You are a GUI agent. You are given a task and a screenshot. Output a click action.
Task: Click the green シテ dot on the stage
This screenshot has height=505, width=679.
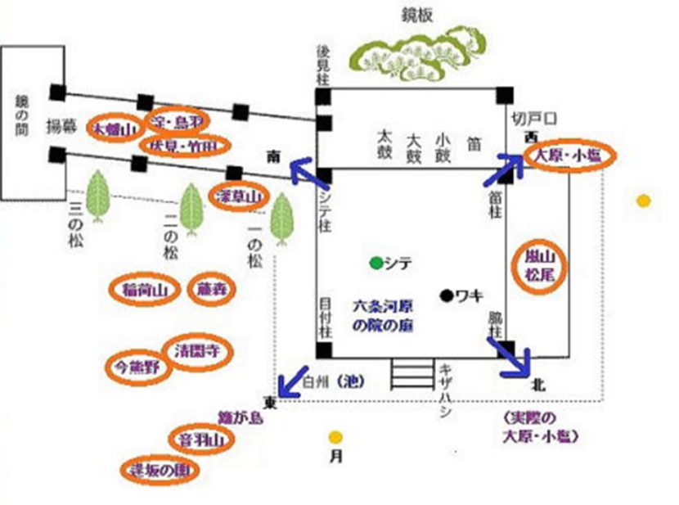point(375,264)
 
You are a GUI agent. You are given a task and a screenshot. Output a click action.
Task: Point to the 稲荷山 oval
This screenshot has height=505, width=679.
point(144,289)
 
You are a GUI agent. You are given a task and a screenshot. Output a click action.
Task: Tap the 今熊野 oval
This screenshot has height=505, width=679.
point(138,366)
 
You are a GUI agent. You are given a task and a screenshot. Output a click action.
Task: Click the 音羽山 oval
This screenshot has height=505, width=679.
point(200,440)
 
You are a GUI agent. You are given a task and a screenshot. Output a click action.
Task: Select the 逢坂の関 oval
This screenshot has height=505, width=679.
point(165,471)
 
